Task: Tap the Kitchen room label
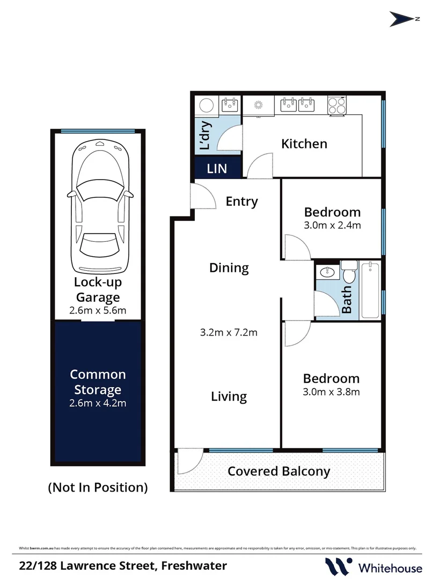pyautogui.click(x=304, y=144)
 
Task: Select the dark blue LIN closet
pyautogui.click(x=217, y=168)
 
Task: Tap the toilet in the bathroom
pyautogui.click(x=349, y=272)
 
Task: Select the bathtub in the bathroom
pyautogui.click(x=370, y=290)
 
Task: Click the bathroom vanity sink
pyautogui.click(x=327, y=273)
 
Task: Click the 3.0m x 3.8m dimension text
pyautogui.click(x=330, y=392)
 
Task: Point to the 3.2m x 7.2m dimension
pyautogui.click(x=229, y=332)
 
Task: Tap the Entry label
pyautogui.click(x=241, y=202)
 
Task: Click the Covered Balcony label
pyautogui.click(x=278, y=471)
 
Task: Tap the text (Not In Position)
pyautogui.click(x=98, y=487)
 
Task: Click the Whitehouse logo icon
pyautogui.click(x=338, y=566)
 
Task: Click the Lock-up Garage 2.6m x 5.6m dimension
pyautogui.click(x=98, y=310)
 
